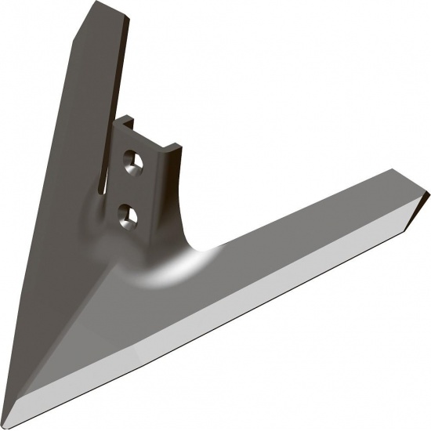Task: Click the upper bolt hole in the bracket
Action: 131,161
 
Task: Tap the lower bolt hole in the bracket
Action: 125,212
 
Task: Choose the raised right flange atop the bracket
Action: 175,147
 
